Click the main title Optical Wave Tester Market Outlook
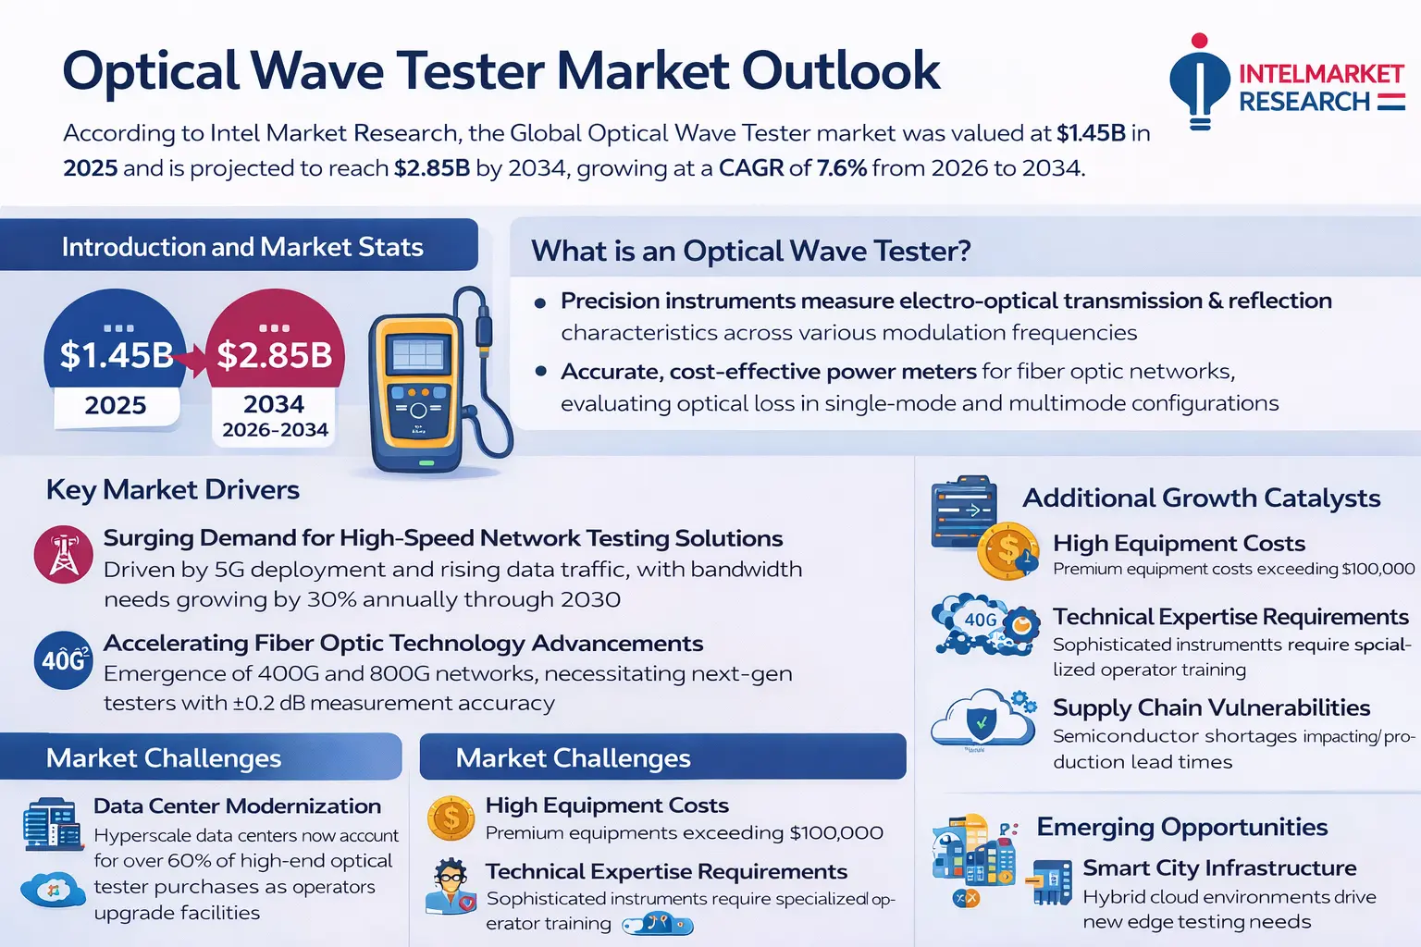point(500,71)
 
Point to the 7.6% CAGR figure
point(841,168)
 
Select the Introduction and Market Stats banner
point(241,247)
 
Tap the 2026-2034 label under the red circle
point(275,430)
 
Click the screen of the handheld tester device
point(417,356)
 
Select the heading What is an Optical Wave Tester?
point(750,251)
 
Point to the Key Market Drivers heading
point(173,489)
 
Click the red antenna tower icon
point(63,555)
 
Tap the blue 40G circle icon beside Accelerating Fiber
point(63,659)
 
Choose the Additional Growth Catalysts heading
point(1201,498)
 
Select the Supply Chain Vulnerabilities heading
point(1211,707)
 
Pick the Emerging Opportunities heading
point(1181,827)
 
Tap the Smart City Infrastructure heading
point(1219,868)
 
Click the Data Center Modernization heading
point(237,806)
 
